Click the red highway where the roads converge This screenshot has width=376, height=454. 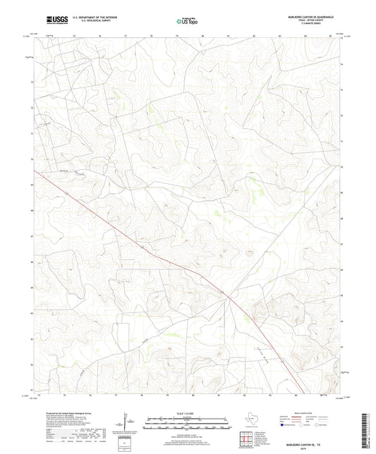point(228,297)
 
